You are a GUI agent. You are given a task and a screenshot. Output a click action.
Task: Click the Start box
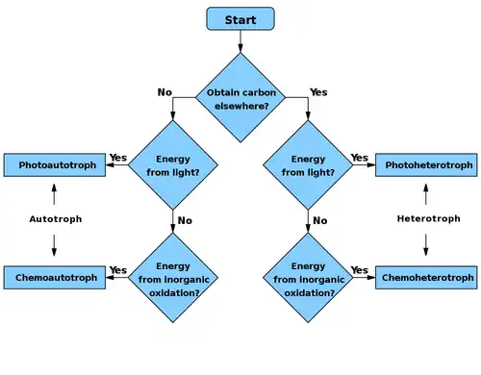[x=240, y=19]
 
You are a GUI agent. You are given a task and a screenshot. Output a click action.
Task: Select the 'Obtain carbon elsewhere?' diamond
[x=240, y=97]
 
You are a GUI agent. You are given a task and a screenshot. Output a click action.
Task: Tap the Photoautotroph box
[x=55, y=165]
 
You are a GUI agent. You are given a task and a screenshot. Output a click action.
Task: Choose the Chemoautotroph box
[x=55, y=278]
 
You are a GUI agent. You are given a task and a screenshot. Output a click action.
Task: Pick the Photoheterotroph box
[x=426, y=165]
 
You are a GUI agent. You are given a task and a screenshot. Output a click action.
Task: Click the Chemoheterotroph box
[x=426, y=278]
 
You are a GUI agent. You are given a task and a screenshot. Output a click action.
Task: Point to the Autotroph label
[x=56, y=219]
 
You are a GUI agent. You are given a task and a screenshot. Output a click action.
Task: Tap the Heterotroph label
[x=429, y=219]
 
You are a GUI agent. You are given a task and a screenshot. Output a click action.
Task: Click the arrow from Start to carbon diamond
[x=240, y=41]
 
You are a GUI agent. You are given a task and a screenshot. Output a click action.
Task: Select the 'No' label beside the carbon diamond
[x=165, y=92]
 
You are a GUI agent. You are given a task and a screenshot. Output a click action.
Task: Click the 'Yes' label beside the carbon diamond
[x=318, y=92]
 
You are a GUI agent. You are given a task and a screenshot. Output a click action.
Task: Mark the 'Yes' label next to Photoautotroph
[x=118, y=158]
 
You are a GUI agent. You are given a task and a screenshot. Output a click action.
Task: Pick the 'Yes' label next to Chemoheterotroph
[x=360, y=270]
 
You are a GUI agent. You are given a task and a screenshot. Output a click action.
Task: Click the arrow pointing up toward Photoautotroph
[x=54, y=194]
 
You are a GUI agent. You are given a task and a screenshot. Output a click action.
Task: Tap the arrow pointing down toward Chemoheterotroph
[x=426, y=245]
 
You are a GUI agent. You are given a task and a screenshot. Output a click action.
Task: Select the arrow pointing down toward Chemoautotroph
[x=54, y=245]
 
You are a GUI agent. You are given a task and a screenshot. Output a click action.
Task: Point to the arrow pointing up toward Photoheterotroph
[x=426, y=194]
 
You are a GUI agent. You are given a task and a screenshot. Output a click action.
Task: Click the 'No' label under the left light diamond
[x=185, y=220]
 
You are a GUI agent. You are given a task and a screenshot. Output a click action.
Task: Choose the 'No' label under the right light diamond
[x=320, y=220]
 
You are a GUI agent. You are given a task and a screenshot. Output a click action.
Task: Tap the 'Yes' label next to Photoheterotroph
[x=360, y=158]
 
